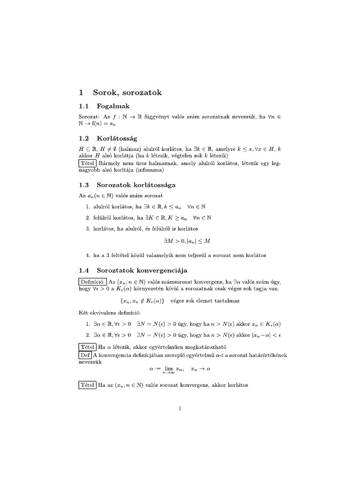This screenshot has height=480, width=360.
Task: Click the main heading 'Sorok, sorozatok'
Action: [128, 93]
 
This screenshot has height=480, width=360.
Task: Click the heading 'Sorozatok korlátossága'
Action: [136, 185]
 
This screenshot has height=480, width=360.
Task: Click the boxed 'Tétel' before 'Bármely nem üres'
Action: [88, 163]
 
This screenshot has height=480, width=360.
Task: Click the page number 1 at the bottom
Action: [180, 409]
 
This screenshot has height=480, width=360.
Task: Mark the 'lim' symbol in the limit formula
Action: [167, 368]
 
